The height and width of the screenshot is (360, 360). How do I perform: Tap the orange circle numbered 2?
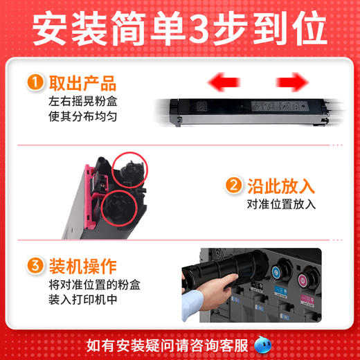pos(234,186)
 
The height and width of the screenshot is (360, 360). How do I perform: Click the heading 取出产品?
pos(82,84)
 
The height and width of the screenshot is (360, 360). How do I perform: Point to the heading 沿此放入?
pos(280,186)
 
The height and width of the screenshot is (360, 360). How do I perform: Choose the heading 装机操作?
pos(82,265)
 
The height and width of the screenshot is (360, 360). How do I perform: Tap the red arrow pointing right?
pos(291,84)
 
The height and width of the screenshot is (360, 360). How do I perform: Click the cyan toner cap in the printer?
pos(274,271)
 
